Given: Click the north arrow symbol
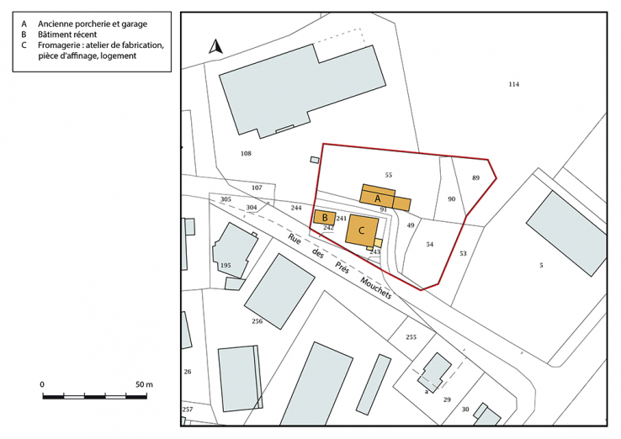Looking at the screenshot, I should pyautogui.click(x=215, y=47).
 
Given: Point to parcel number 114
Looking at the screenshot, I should pyautogui.click(x=514, y=84).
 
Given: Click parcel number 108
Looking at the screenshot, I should pyautogui.click(x=246, y=154).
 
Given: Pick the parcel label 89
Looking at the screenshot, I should pyautogui.click(x=475, y=178).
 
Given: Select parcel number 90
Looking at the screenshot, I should pyautogui.click(x=451, y=199).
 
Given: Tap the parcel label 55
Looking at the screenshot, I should pyautogui.click(x=388, y=175).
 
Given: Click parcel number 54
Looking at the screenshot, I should pyautogui.click(x=429, y=244).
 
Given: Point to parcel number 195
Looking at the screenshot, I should pyautogui.click(x=225, y=266).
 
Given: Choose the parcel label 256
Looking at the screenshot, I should pyautogui.click(x=257, y=322).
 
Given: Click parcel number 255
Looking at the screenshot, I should pyautogui.click(x=411, y=337).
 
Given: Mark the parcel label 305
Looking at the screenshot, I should pyautogui.click(x=225, y=199).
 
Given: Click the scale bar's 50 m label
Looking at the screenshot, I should pyautogui.click(x=143, y=384).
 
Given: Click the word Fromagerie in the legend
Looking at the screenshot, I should pyautogui.click(x=63, y=45).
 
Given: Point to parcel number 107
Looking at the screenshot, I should pyautogui.click(x=257, y=188).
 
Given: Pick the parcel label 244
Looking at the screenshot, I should pyautogui.click(x=295, y=207).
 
